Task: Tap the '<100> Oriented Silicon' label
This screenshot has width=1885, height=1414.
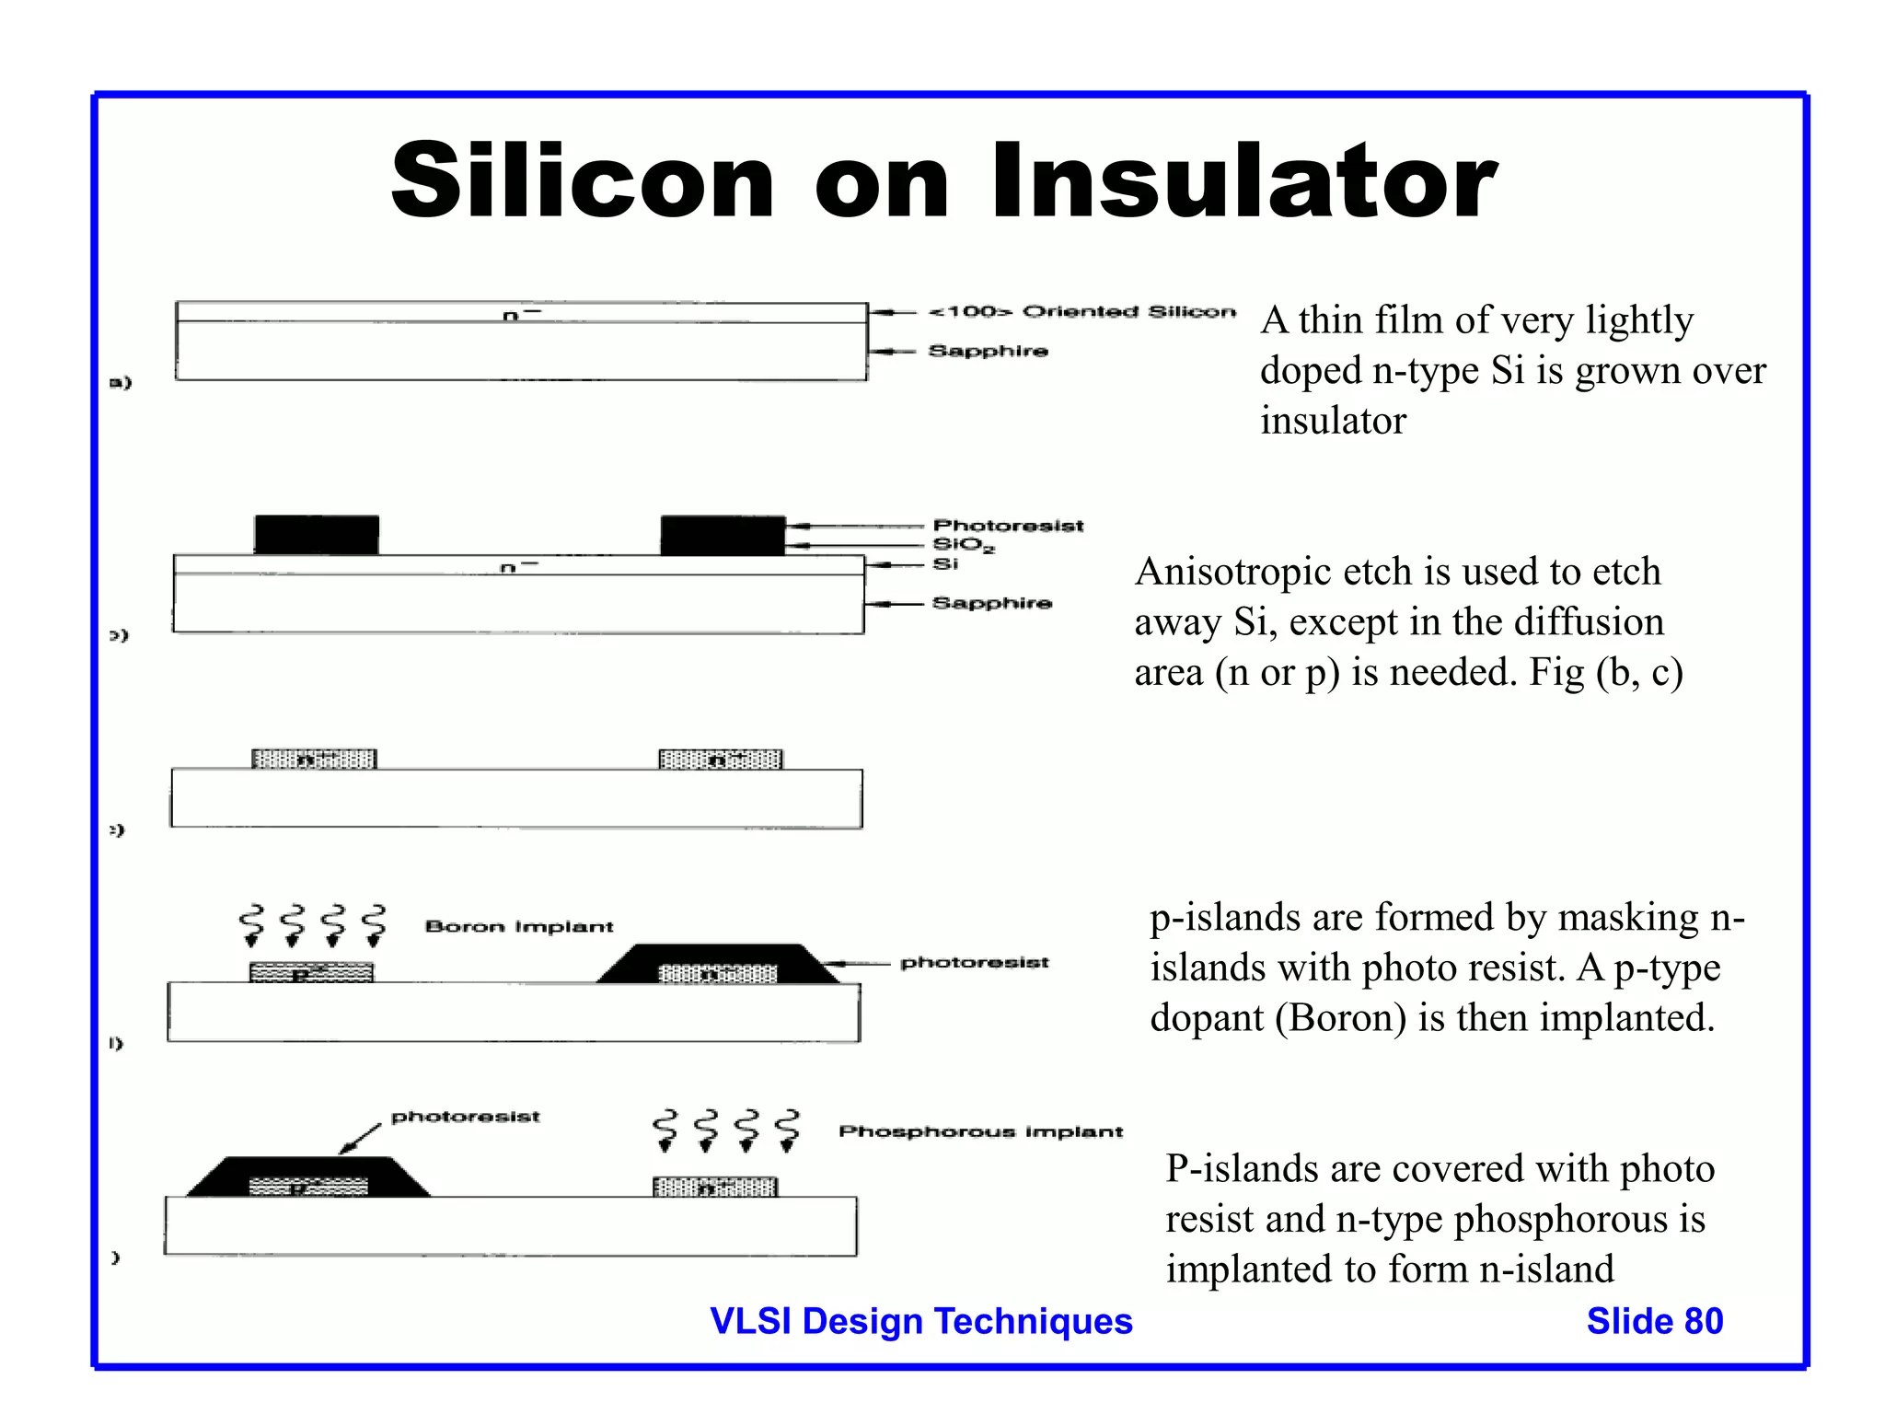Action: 1082,311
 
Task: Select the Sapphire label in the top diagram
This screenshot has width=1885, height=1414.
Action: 988,351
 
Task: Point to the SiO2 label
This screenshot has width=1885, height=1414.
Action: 963,545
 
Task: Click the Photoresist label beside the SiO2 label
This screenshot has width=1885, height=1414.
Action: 1008,526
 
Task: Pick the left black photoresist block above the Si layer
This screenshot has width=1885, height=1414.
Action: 317,535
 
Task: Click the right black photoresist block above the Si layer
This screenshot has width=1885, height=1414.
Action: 723,535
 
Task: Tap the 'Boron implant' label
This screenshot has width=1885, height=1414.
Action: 519,926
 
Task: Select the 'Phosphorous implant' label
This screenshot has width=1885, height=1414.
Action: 980,1131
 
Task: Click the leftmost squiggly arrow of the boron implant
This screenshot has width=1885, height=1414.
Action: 251,925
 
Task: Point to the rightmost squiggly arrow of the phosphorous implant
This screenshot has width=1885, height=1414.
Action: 787,1130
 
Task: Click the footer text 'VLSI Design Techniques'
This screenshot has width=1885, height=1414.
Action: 921,1321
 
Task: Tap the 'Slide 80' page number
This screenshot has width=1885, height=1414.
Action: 1654,1321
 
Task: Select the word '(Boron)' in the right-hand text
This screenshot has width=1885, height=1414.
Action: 1340,1018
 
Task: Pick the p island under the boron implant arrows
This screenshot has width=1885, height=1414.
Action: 311,972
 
